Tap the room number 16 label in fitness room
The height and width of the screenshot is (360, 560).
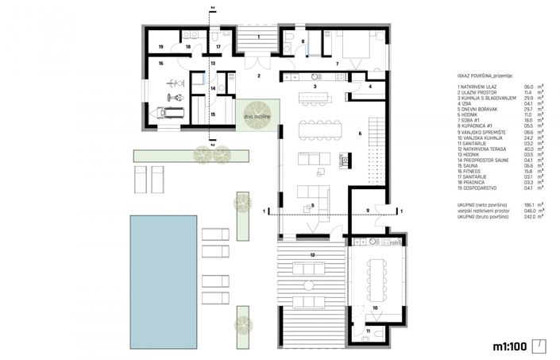pos(160,63)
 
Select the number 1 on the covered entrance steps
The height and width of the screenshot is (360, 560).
pos(258,37)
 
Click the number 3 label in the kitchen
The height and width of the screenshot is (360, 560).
pos(315,85)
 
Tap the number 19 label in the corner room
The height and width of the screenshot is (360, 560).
pos(160,47)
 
